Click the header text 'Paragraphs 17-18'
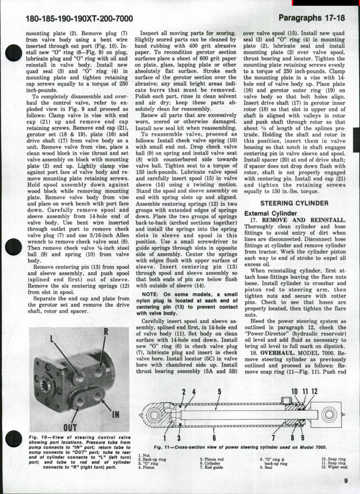[311, 18]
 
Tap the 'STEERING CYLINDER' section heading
[294, 203]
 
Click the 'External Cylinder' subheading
[270, 213]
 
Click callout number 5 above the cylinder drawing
[219, 391]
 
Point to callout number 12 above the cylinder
[314, 391]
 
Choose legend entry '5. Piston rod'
[212, 460]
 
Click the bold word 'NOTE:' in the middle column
[150, 294]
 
